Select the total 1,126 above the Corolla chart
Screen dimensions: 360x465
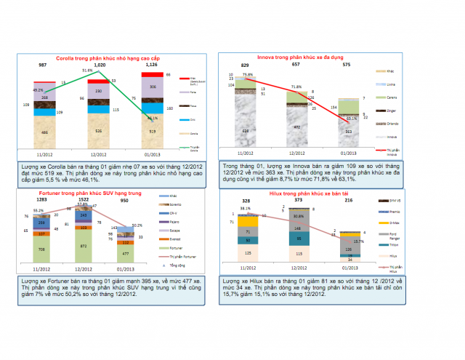tap(153, 65)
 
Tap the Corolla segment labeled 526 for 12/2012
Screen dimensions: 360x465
tap(98, 131)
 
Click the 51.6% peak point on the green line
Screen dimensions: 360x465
tap(98, 71)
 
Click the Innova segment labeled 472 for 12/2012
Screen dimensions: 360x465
tap(296, 127)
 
